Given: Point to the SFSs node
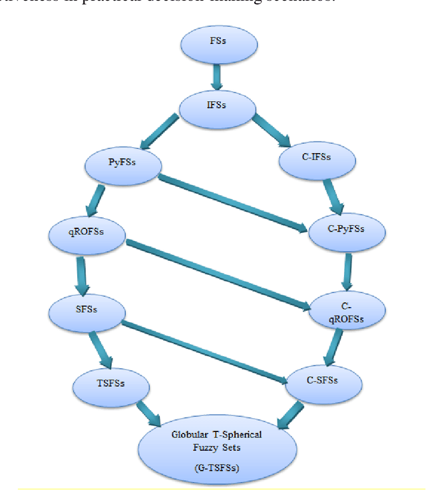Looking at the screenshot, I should [x=87, y=308].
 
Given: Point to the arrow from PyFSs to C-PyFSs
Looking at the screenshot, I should [x=234, y=200].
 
